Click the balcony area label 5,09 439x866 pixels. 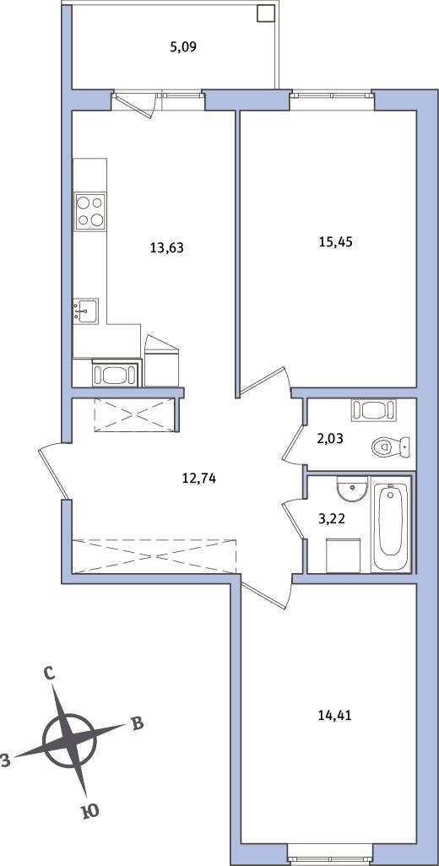(x=183, y=47)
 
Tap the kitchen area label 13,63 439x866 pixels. (x=166, y=248)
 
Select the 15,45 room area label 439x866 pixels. (x=335, y=241)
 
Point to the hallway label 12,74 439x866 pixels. (x=198, y=479)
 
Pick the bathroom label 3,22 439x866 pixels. (x=332, y=518)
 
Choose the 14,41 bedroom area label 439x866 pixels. (x=334, y=716)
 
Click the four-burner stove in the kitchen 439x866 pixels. (x=90, y=212)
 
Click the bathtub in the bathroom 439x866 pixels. (x=391, y=527)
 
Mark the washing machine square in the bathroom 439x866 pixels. (x=344, y=556)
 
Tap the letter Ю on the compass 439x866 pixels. (x=90, y=810)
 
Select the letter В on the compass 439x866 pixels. (x=137, y=723)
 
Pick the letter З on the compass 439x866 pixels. (x=5, y=761)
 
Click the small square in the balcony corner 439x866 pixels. (x=266, y=14)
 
